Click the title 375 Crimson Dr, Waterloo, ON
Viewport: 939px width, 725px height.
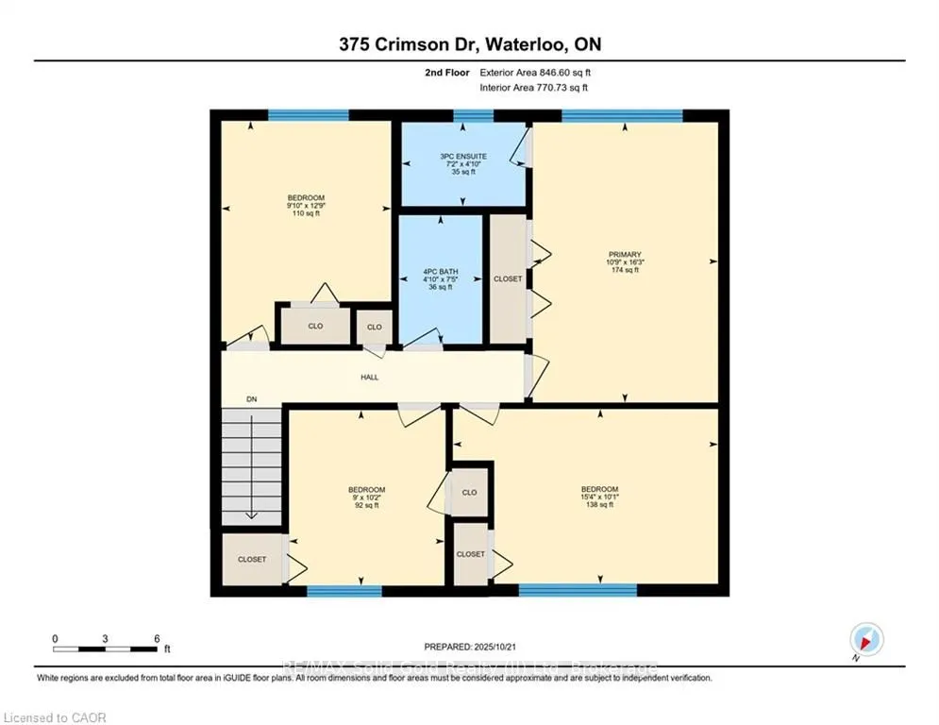[469, 43]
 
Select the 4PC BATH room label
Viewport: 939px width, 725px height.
[440, 279]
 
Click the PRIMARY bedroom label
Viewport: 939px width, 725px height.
[624, 261]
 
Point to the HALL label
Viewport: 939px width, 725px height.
[369, 377]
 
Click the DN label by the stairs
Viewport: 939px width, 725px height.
[251, 399]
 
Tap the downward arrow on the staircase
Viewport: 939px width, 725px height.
[252, 510]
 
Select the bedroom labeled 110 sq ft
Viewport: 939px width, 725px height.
[306, 205]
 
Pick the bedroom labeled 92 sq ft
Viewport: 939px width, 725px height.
[366, 497]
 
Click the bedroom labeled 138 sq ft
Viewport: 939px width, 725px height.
[599, 497]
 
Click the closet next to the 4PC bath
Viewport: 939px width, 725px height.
[508, 279]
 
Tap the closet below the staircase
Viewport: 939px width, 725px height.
[251, 560]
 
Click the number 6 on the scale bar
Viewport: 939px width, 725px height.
[156, 638]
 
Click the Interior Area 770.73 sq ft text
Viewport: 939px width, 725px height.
[534, 88]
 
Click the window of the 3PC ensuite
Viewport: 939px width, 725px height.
[473, 116]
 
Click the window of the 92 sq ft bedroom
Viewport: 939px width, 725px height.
[344, 591]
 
